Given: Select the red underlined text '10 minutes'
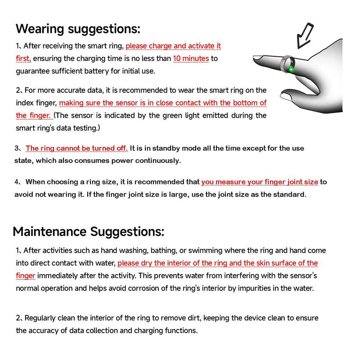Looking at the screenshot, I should coord(191,58).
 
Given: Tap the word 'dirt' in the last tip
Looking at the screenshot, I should coord(192,318).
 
